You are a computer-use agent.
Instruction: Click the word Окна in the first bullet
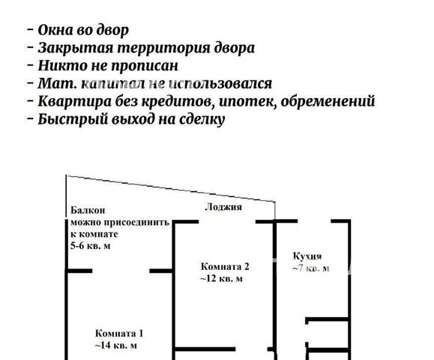[55, 30]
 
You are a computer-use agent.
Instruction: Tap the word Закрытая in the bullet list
[75, 48]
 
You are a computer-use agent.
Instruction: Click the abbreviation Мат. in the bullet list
[57, 83]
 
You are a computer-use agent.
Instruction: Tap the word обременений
[328, 100]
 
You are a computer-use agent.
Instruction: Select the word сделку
[202, 120]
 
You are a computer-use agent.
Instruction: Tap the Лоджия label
[223, 207]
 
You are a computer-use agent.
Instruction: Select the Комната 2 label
[225, 266]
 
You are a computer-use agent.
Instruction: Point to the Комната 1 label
[119, 333]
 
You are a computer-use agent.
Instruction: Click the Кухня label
[307, 256]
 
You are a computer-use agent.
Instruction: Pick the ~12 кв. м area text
[221, 278]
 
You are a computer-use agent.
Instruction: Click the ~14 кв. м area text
[115, 345]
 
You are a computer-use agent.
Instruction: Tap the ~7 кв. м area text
[311, 268]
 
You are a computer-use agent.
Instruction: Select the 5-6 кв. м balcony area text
[91, 246]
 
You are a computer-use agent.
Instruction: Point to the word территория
[164, 48]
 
